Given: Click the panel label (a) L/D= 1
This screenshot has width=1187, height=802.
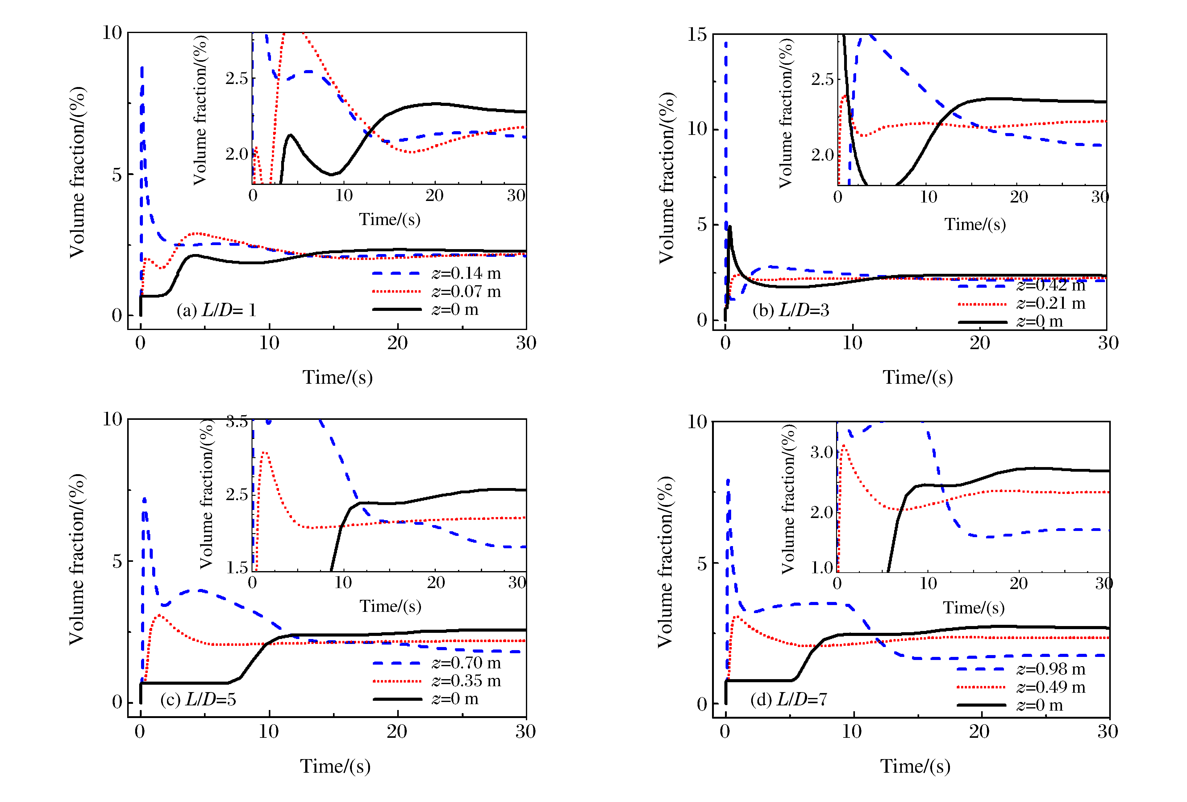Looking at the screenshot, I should click(216, 310).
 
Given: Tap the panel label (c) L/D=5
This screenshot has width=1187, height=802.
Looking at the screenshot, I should click(198, 699).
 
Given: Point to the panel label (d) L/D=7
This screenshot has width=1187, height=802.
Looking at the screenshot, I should click(788, 699).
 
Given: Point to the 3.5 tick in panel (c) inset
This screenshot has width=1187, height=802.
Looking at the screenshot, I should click(236, 422).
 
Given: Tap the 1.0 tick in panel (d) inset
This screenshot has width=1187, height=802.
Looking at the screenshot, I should click(821, 567).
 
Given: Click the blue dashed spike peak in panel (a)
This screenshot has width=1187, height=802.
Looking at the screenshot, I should click(142, 67).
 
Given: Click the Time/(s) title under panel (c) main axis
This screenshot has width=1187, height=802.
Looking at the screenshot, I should click(335, 766).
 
